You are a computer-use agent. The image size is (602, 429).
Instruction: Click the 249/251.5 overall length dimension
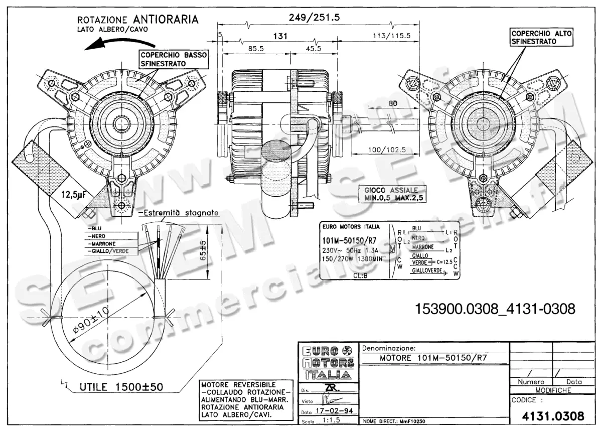tap(315, 17)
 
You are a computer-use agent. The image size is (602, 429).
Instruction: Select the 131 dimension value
tap(280, 36)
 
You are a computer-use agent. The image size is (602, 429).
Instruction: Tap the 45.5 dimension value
tap(313, 49)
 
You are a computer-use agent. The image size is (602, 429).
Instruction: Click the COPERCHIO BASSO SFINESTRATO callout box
tap(172, 59)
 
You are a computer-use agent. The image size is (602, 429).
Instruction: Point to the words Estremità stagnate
tap(180, 213)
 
